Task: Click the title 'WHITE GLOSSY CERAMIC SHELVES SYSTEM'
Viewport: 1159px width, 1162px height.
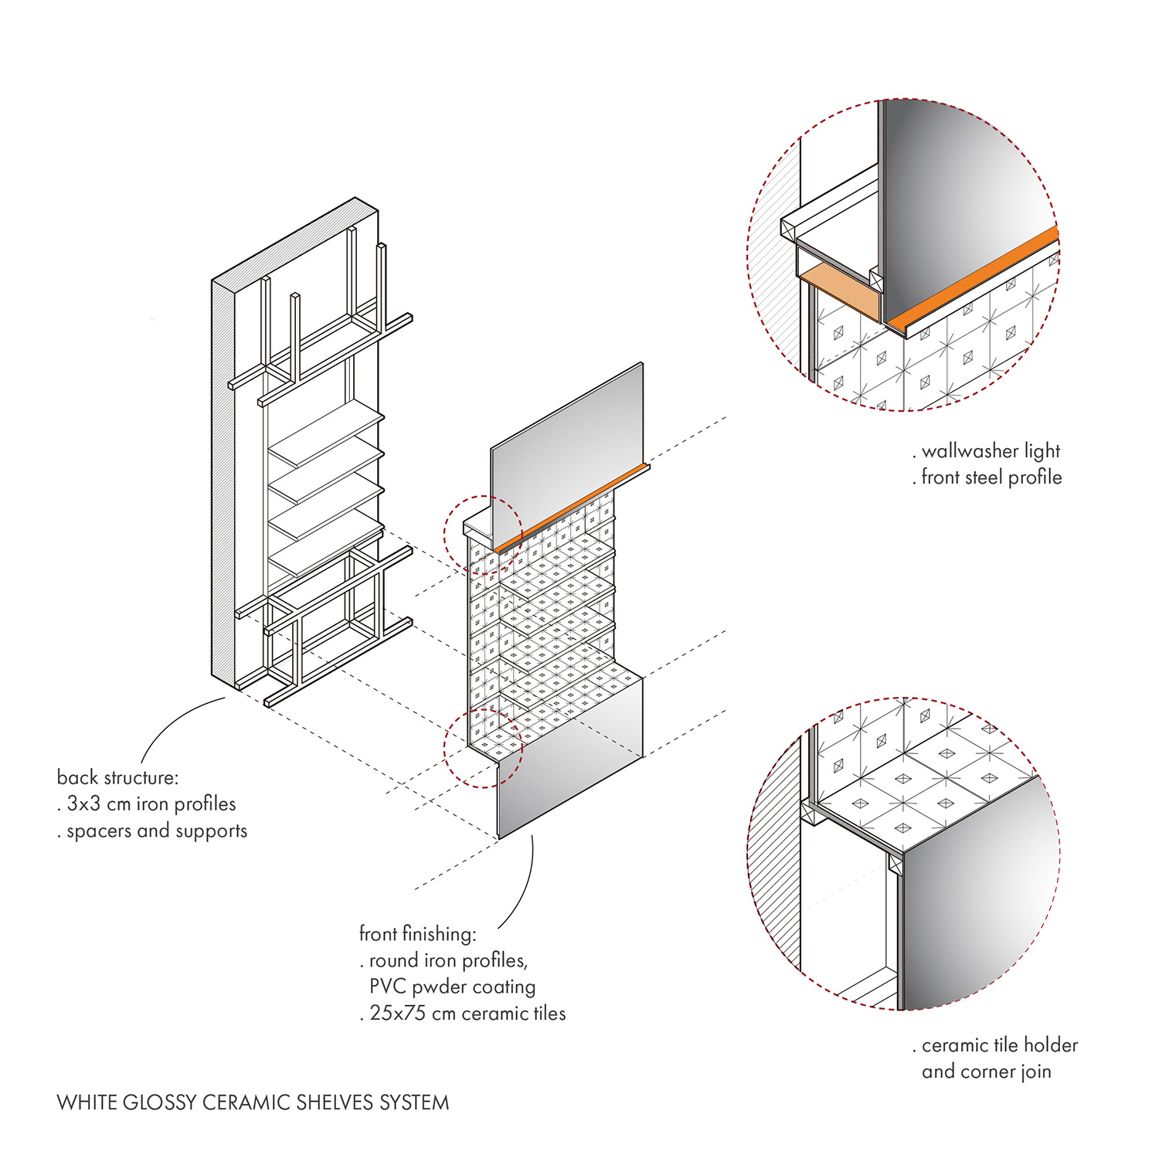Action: (253, 1103)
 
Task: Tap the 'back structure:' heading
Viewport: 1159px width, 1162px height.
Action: (117, 777)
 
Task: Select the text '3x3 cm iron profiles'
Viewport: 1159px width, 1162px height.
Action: (151, 804)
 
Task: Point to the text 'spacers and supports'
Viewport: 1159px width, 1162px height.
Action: (156, 831)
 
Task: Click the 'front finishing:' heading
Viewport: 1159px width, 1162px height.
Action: (417, 934)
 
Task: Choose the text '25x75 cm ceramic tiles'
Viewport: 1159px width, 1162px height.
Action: (467, 1014)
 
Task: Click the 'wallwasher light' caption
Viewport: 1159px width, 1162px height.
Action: (991, 451)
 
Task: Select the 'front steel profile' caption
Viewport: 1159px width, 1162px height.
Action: (991, 477)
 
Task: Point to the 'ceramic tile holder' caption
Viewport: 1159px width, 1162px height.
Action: (999, 1045)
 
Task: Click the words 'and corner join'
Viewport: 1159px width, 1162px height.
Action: (986, 1072)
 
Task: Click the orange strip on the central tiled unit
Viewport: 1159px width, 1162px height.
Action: (572, 507)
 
